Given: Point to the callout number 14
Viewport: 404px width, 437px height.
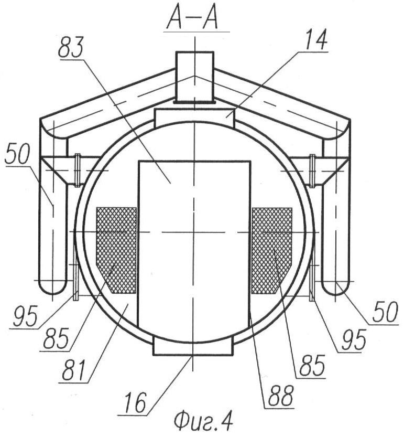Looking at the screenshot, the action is pyautogui.click(x=316, y=40).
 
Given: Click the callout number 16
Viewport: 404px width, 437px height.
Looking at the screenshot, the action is pyautogui.click(x=135, y=403).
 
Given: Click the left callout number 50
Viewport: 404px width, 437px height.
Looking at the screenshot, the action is pyautogui.click(x=17, y=154).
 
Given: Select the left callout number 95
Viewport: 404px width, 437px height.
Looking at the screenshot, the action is pyautogui.click(x=25, y=317).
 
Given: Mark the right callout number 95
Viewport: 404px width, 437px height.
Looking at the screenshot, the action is pyautogui.click(x=353, y=340).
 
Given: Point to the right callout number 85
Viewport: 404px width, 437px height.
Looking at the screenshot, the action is pyautogui.click(x=312, y=366).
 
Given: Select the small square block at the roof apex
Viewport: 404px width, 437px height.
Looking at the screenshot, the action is pyautogui.click(x=194, y=77).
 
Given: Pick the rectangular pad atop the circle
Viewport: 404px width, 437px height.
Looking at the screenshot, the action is pyautogui.click(x=195, y=117).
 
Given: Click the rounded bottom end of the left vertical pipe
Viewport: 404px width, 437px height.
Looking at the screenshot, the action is pyautogui.click(x=52, y=286).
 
